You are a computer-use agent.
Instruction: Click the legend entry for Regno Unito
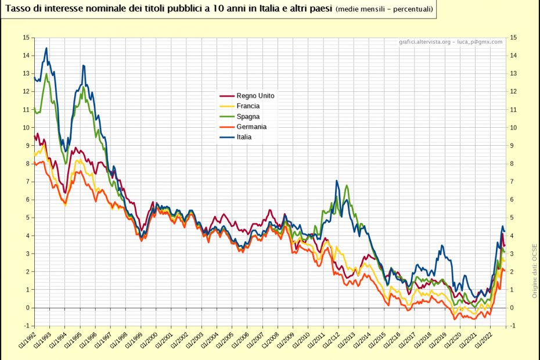[255, 96]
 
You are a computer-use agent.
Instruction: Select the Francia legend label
[248, 106]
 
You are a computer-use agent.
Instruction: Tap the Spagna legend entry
[248, 117]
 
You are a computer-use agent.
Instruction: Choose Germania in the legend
[251, 127]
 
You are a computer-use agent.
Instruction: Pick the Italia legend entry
[244, 137]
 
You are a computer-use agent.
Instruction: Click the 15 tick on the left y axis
[26, 38]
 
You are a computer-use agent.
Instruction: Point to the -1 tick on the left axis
[26, 326]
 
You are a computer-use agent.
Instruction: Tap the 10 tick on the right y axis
[513, 128]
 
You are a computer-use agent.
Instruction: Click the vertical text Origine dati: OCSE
[534, 270]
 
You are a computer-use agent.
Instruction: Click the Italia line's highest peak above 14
[46, 48]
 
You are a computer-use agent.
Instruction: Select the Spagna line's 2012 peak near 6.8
[347, 186]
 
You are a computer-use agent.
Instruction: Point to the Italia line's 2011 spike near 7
[337, 181]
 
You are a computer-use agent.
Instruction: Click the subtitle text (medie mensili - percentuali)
[384, 10]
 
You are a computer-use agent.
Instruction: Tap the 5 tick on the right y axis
[512, 218]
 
